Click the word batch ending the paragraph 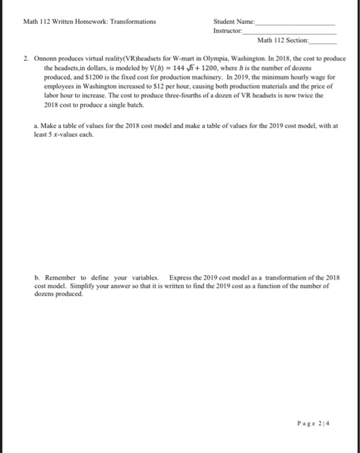pos(135,104)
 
